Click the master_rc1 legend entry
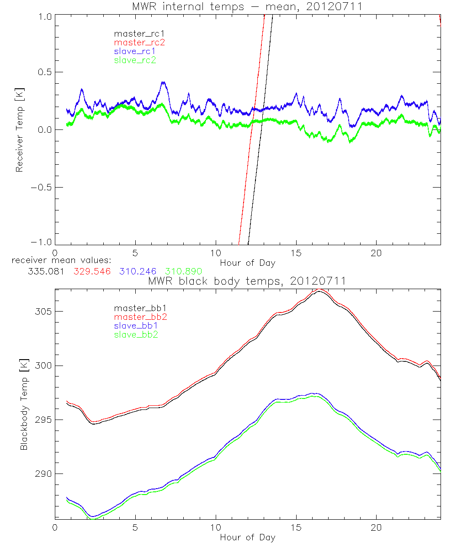(x=135, y=33)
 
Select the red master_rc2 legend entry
(x=139, y=42)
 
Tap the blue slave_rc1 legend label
(x=135, y=51)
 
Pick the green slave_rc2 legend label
(x=135, y=59)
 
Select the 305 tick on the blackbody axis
(x=43, y=312)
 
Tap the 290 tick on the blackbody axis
(x=43, y=474)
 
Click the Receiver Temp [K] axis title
(x=19, y=130)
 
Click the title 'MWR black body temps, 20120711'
(x=247, y=281)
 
